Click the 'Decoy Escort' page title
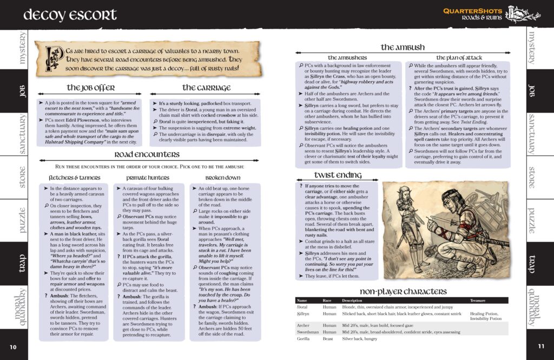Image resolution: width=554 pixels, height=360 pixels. [70, 14]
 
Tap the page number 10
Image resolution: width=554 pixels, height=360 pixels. [13, 346]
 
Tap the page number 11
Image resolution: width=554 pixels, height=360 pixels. [540, 346]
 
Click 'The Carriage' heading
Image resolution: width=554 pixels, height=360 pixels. [203, 87]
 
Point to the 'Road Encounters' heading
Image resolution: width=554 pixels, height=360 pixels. [147, 154]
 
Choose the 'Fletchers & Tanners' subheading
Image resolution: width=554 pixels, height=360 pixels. [74, 177]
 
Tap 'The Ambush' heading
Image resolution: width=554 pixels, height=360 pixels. [403, 47]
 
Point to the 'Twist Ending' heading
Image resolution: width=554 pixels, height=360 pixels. [338, 174]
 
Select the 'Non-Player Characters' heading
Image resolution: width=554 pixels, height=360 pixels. [402, 292]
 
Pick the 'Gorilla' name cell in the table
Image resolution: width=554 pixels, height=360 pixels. [304, 338]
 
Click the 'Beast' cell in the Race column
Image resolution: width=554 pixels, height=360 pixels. [329, 338]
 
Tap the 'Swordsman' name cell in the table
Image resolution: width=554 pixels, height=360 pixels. [307, 331]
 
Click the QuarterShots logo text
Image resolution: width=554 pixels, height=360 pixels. [472, 10]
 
